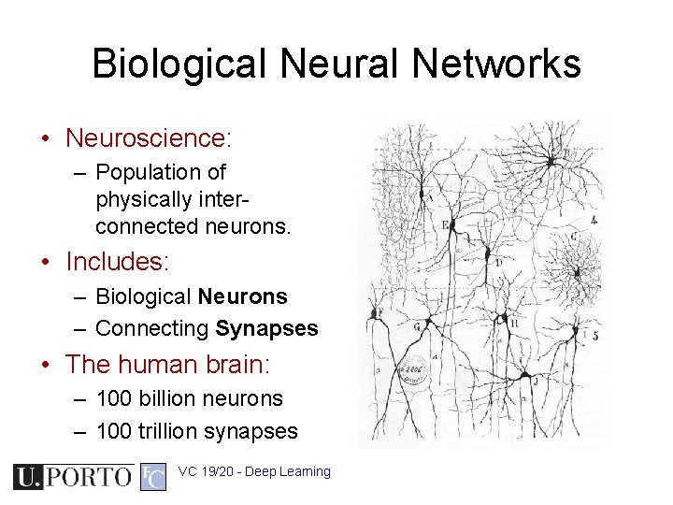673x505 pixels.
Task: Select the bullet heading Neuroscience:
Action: click(148, 138)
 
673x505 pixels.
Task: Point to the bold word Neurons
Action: click(243, 296)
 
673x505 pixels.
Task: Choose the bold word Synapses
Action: click(266, 328)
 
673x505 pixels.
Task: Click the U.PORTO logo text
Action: click(73, 477)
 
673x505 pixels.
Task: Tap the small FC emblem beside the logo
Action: click(153, 477)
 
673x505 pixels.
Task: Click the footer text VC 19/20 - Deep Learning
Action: click(254, 471)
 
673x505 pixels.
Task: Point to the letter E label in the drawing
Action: click(445, 225)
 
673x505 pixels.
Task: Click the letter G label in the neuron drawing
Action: click(416, 327)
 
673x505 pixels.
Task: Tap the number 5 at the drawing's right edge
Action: click(594, 335)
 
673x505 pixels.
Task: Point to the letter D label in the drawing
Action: click(498, 263)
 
